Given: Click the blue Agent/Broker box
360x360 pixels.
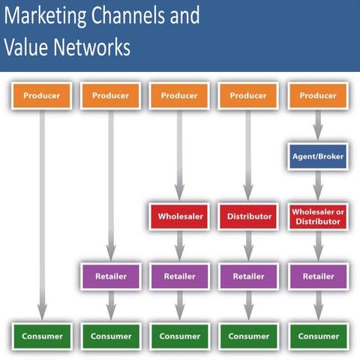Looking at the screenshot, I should tap(318, 157).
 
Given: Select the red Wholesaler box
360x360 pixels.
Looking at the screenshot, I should tap(178, 216).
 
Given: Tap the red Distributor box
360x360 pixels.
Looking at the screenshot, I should tap(248, 216).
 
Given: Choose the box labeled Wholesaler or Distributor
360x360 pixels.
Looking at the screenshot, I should tap(318, 216).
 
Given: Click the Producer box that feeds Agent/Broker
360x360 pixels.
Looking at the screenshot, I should tap(318, 96).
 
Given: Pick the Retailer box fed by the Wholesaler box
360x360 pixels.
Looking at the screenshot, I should tap(178, 276).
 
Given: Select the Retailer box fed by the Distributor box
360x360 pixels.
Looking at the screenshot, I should tap(248, 276).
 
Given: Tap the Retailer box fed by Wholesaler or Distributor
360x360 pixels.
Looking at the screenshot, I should tap(318, 276).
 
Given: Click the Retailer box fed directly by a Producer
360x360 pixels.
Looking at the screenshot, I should tap(110, 276).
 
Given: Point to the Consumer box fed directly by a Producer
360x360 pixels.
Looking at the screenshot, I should tap(41, 335).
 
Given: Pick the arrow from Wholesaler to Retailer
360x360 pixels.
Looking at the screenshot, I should tap(178, 246).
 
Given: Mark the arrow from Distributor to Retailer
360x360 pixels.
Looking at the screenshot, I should tap(248, 246).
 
